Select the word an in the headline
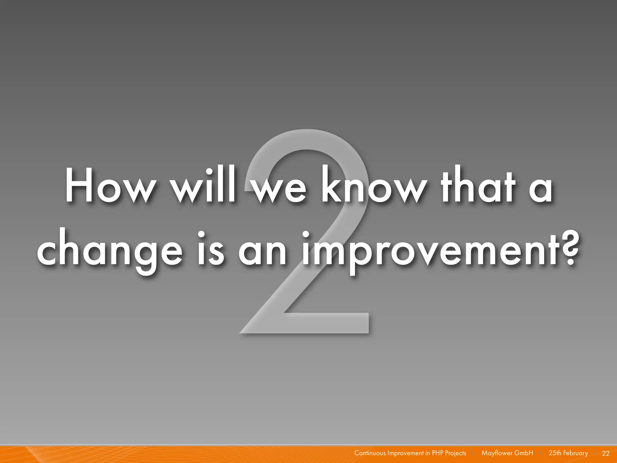[x=262, y=253]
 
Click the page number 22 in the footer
[x=606, y=453]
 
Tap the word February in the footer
[x=575, y=453]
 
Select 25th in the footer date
[x=555, y=453]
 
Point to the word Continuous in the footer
[x=370, y=453]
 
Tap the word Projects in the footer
[x=456, y=453]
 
